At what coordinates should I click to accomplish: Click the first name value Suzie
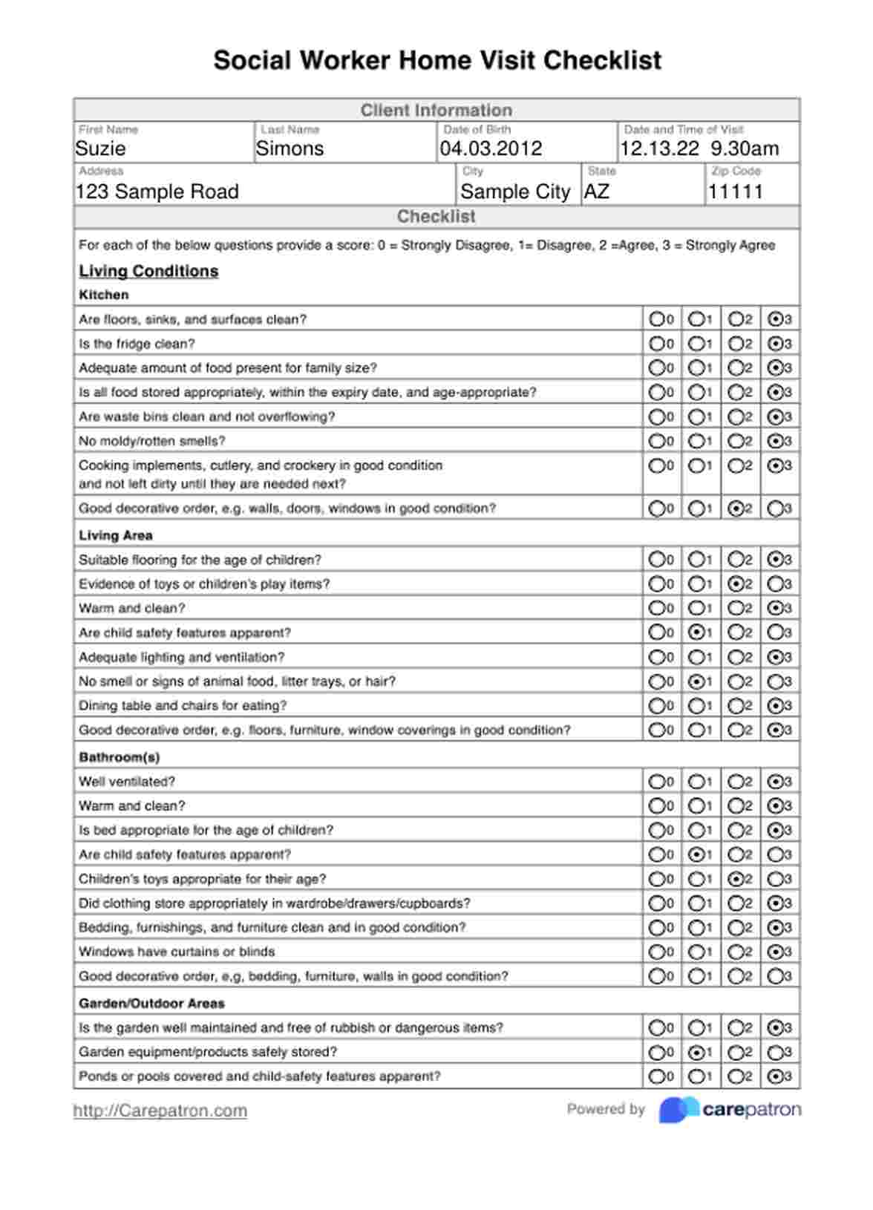(x=101, y=148)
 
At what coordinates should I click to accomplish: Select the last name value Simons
(x=290, y=148)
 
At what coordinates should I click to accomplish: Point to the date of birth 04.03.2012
(x=491, y=148)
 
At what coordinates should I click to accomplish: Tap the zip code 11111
(x=735, y=192)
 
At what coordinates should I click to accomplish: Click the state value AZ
(x=597, y=192)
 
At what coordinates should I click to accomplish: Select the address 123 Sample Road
(x=157, y=192)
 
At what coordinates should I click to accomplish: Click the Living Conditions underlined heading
(x=148, y=271)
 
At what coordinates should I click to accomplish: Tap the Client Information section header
(x=436, y=111)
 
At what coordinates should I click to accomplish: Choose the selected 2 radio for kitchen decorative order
(x=736, y=508)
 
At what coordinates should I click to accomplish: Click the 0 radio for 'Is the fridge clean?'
(x=657, y=344)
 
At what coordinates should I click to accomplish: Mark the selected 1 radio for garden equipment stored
(x=696, y=1052)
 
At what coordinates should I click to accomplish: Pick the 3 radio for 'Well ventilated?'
(x=775, y=782)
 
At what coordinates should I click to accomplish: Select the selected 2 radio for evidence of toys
(x=736, y=584)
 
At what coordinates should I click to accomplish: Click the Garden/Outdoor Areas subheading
(x=151, y=1004)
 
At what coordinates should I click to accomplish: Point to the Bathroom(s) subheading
(x=120, y=757)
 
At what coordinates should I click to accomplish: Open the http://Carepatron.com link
(x=160, y=1111)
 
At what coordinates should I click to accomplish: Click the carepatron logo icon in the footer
(x=679, y=1110)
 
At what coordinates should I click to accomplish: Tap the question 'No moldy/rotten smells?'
(x=152, y=441)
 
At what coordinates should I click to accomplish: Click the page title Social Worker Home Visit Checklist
(x=437, y=60)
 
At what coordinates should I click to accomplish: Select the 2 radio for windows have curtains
(x=736, y=952)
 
